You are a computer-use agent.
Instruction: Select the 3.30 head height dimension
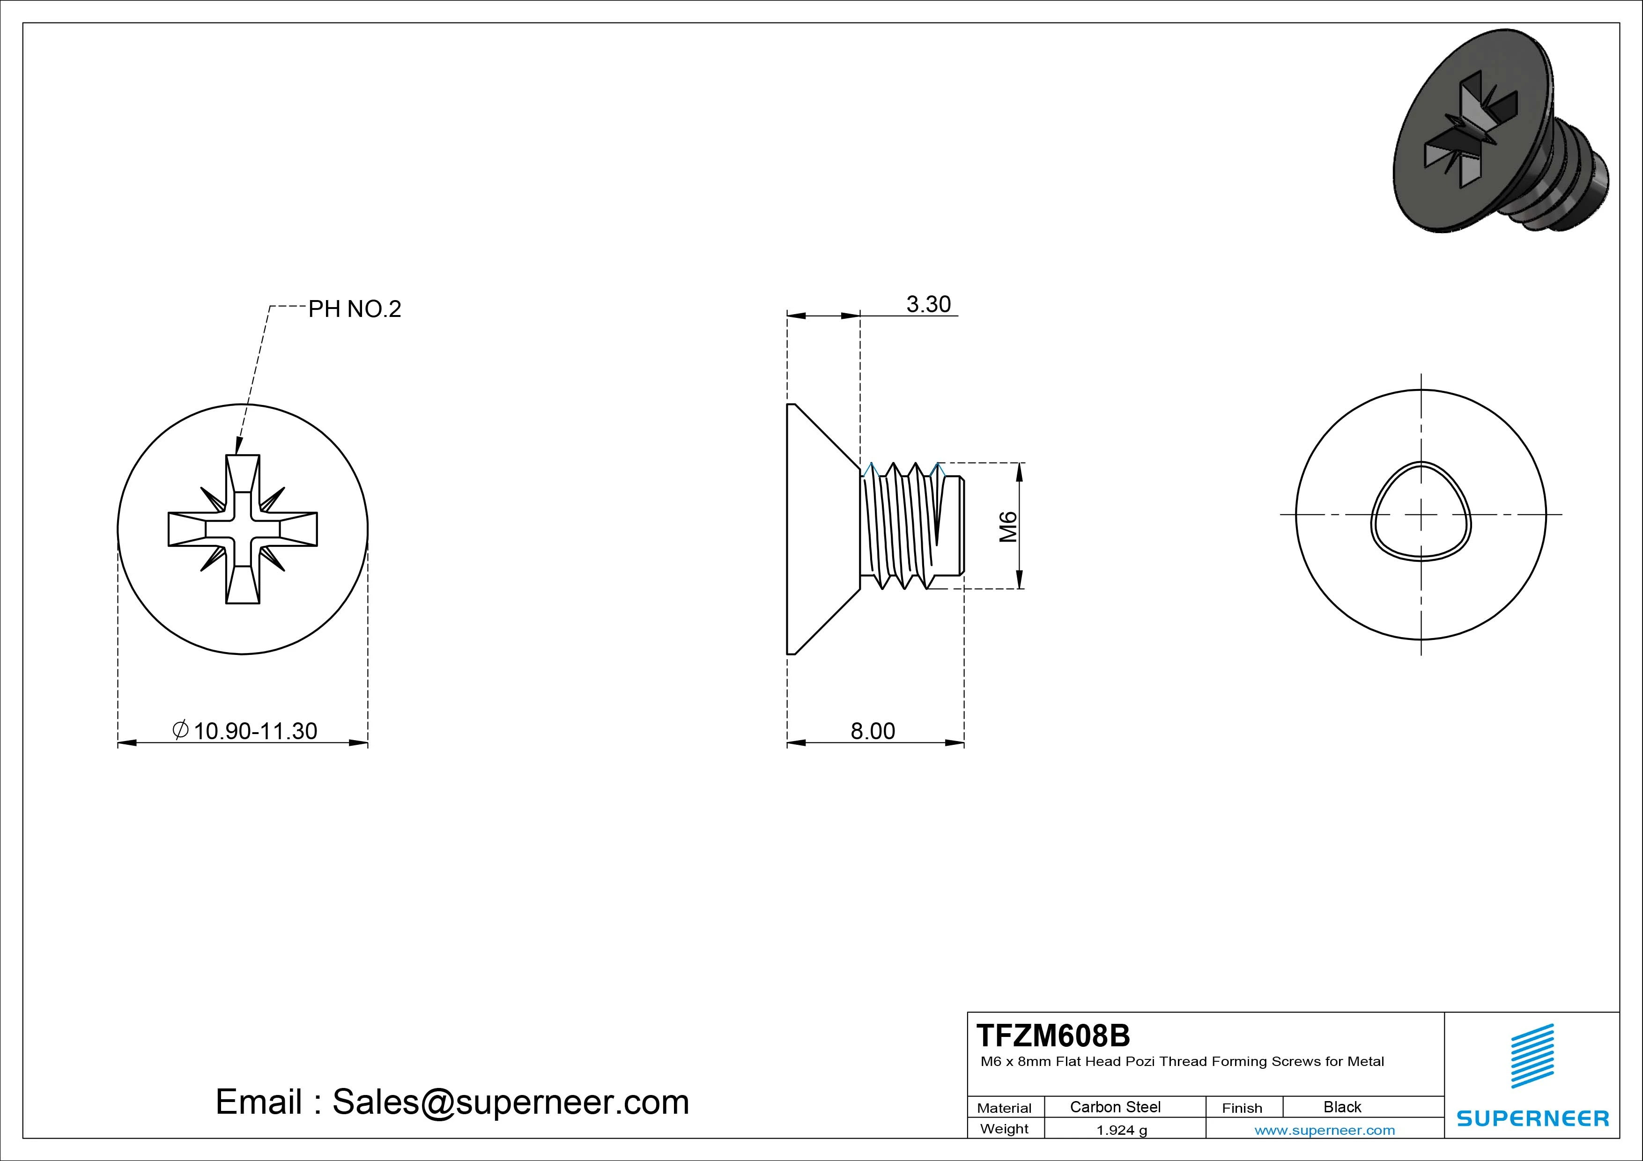click(928, 305)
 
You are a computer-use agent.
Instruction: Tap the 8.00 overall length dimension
click(872, 731)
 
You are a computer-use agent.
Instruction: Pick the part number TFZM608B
click(1053, 1035)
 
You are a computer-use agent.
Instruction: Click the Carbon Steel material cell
click(1115, 1107)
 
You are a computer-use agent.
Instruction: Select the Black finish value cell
click(1342, 1107)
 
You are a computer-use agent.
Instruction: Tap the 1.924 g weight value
click(1121, 1130)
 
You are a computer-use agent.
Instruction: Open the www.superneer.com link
click(1325, 1130)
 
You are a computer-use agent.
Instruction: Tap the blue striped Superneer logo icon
click(1532, 1055)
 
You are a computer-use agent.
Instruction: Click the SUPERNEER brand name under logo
click(1532, 1118)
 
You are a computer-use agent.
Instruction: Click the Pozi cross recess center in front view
click(243, 529)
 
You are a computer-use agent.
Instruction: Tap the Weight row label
click(1004, 1129)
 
